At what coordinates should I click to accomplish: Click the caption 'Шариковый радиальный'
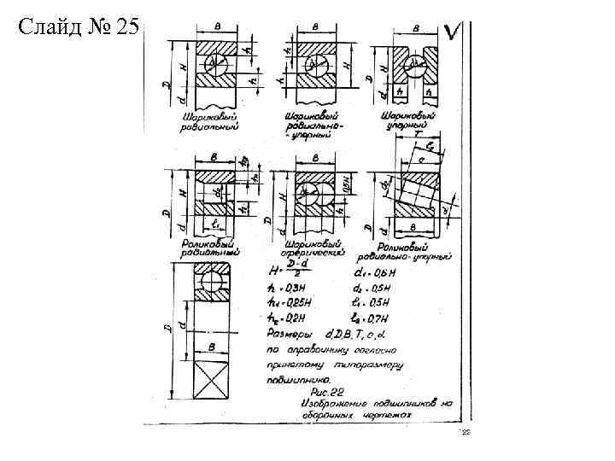pos(209,121)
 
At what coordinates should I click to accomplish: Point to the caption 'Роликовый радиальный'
pos(209,248)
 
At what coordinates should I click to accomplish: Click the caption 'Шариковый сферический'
pos(312,248)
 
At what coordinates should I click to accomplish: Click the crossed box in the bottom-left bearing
pos(209,376)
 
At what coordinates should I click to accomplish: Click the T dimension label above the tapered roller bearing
pos(415,135)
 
